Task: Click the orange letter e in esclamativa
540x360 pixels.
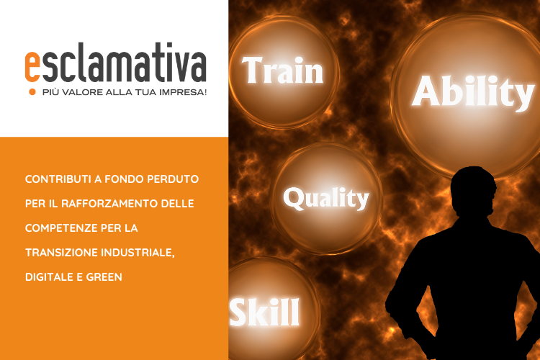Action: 32,67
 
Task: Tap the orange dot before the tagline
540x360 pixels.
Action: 32,92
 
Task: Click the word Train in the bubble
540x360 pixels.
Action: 282,71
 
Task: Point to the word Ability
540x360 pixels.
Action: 473,92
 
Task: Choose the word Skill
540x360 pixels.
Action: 264,312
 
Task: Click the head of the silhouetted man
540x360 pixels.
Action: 474,192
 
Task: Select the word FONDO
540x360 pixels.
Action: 124,179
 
